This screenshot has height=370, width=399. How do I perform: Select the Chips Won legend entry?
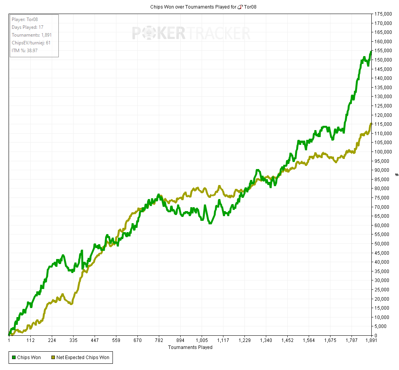coord(26,357)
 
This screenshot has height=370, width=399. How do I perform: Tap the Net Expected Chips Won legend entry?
coord(80,357)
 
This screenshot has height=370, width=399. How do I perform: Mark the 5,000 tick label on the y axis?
coord(383,326)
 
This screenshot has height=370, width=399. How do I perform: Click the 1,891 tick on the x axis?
coord(371,340)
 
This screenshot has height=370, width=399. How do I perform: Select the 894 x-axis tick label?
coord(180,340)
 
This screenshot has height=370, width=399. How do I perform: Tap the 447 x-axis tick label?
coord(95,340)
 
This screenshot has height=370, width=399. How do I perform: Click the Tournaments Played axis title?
coord(190,347)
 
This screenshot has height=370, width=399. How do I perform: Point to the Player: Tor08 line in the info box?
coord(25,19)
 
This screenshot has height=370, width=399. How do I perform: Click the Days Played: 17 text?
coord(27,27)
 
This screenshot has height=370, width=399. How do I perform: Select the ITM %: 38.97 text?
coord(25,51)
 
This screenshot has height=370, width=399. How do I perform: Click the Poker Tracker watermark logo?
coord(191,33)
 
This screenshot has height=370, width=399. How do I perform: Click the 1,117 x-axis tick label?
coord(223,340)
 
